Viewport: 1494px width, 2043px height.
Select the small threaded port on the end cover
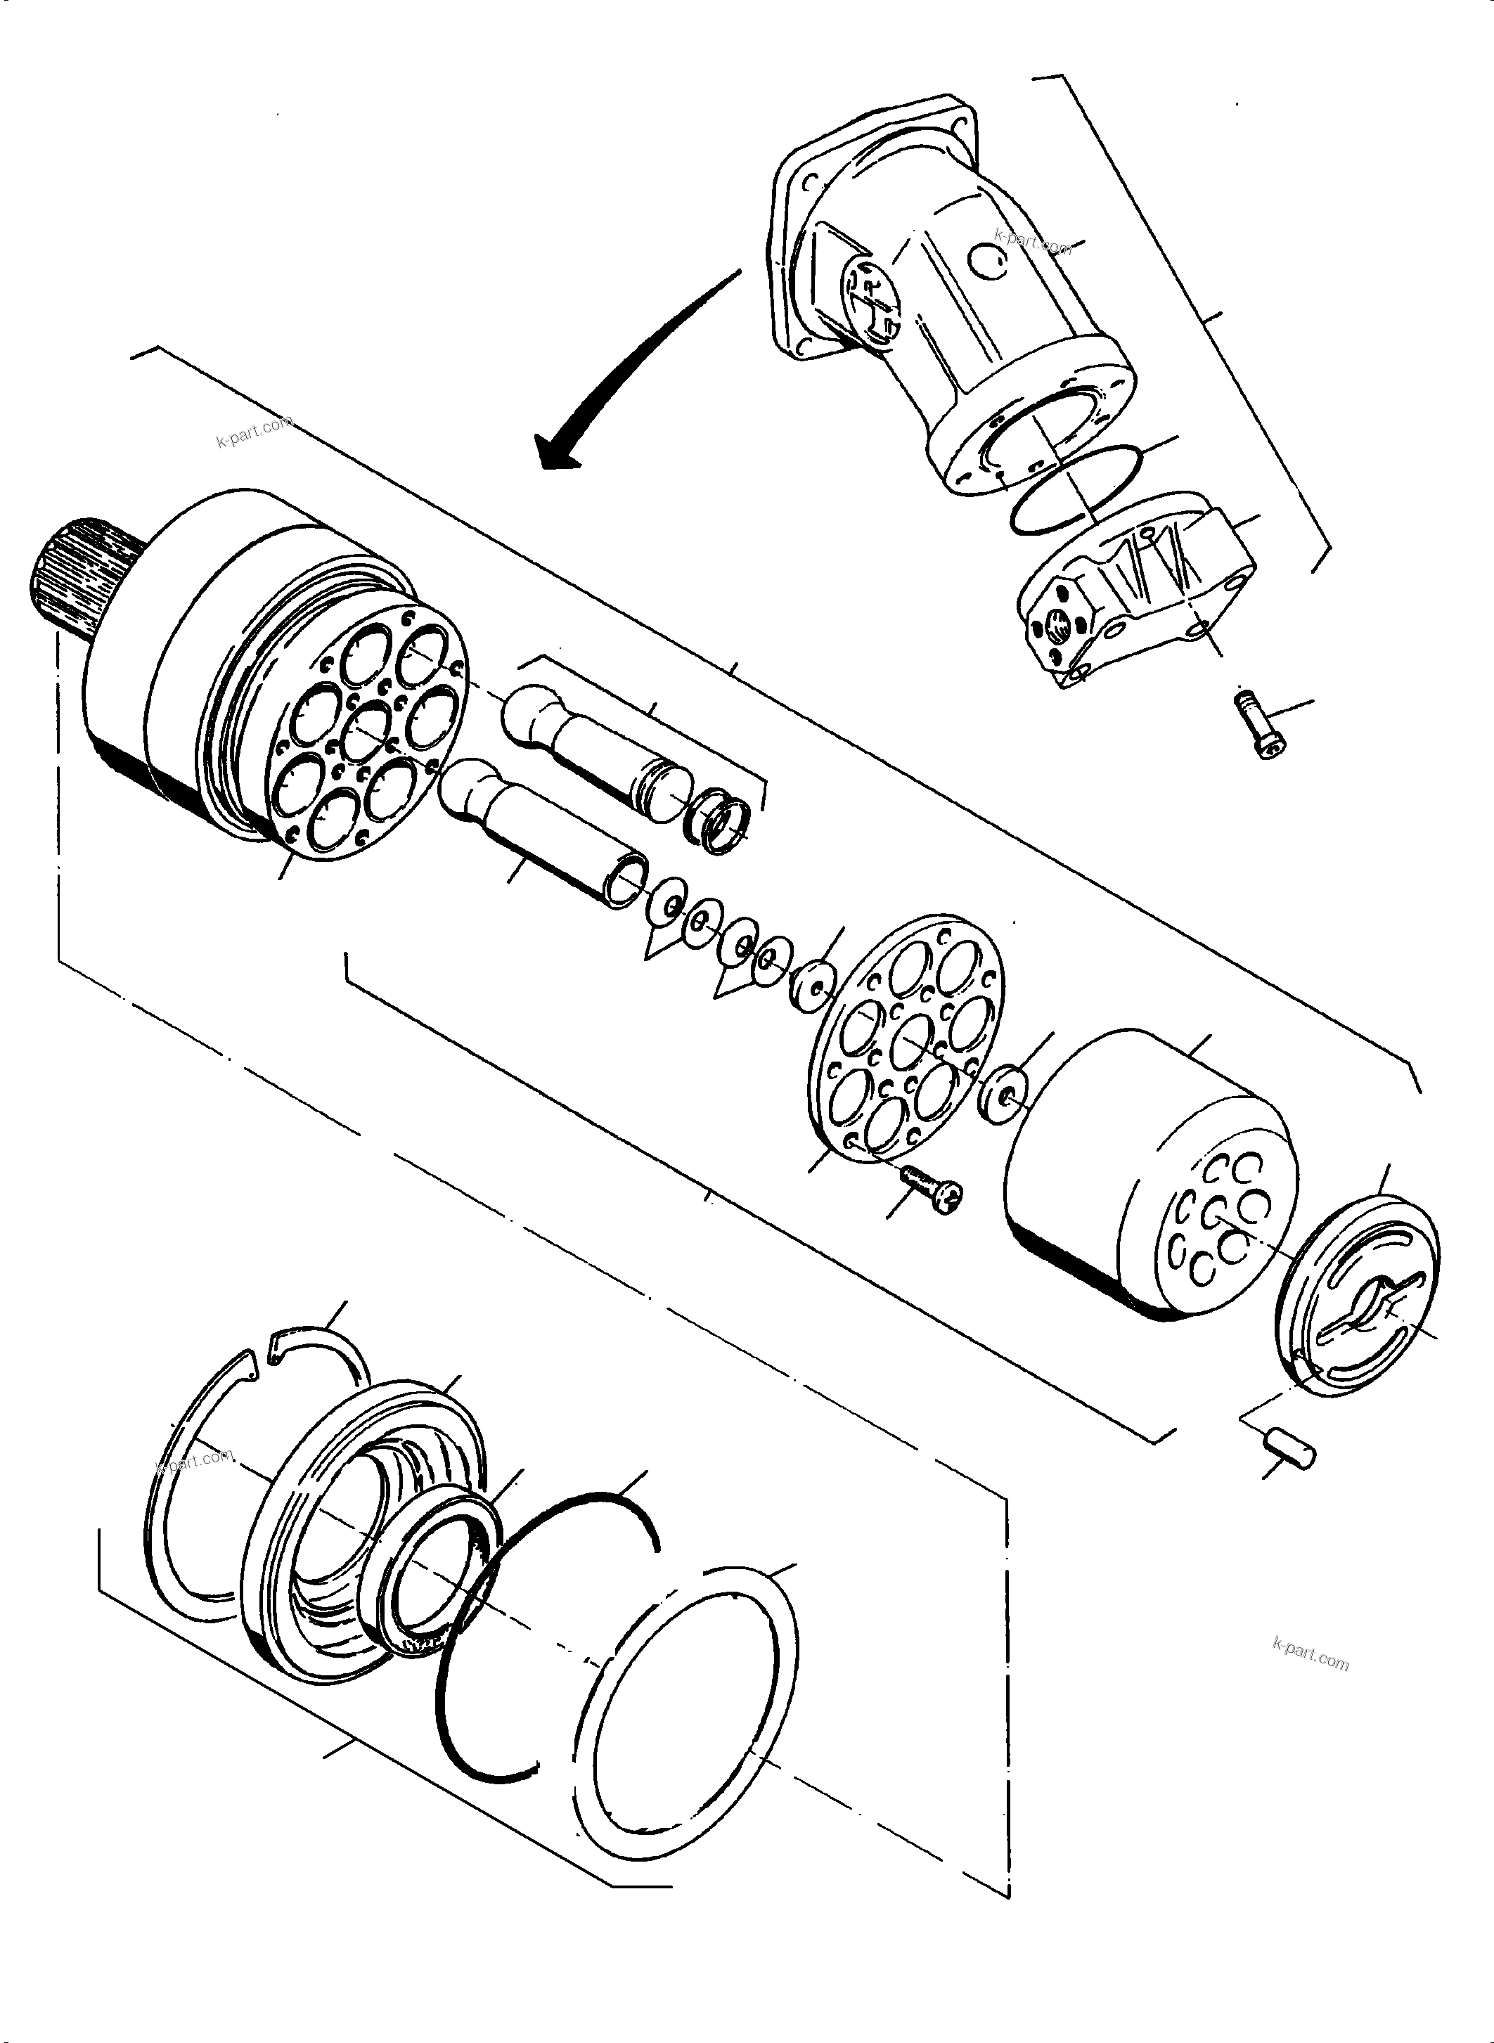[x=1058, y=622]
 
